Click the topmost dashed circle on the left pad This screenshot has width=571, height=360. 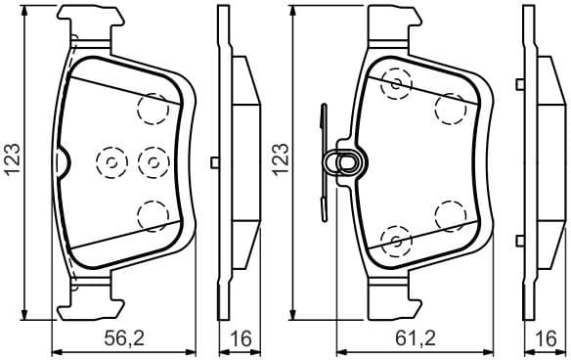(153, 107)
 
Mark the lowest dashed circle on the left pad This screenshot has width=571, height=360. (152, 213)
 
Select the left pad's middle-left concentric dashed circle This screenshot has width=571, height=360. (110, 160)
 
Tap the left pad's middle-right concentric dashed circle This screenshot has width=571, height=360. (153, 160)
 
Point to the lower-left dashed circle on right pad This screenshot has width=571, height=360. (395, 238)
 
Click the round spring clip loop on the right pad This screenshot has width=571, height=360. (346, 161)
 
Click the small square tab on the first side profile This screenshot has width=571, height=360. (214, 160)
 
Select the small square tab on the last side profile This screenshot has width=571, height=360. (522, 160)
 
